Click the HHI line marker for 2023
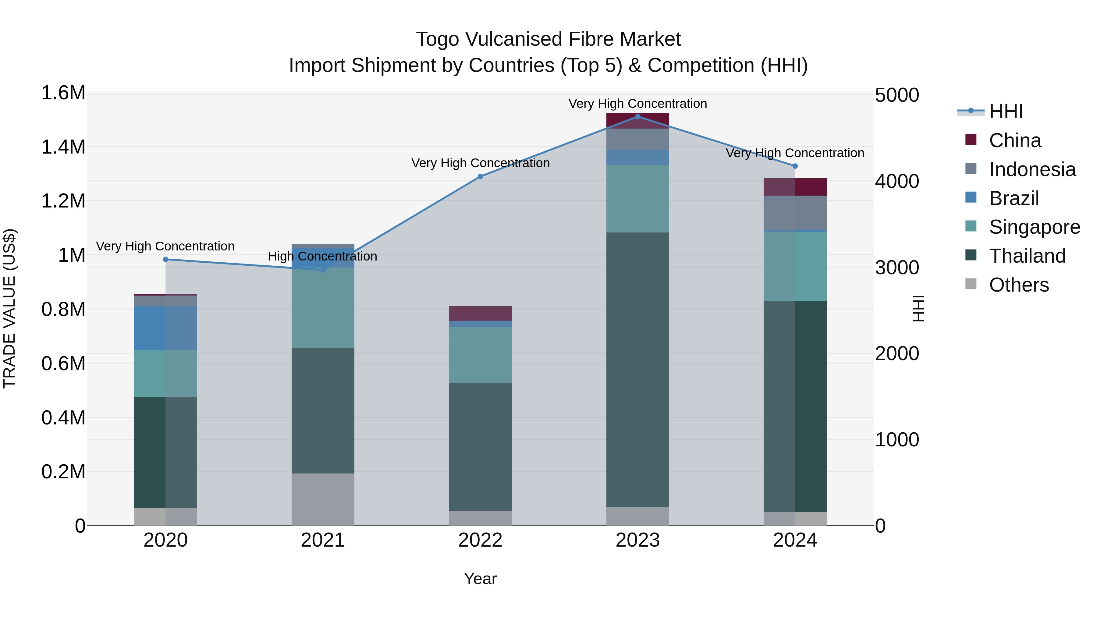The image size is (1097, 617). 637,116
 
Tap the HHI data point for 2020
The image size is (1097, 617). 166,259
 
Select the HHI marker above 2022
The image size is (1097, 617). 480,176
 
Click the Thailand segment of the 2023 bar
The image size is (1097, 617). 637,369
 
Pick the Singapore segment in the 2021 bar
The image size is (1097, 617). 323,307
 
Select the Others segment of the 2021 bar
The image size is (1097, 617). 323,499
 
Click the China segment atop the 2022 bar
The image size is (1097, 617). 480,314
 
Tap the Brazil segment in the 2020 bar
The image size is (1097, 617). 166,328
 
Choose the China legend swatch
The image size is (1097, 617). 971,140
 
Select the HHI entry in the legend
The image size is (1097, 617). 1006,112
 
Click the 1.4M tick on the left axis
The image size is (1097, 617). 63,147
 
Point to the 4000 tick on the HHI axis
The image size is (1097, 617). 896,181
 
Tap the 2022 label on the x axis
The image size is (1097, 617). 480,540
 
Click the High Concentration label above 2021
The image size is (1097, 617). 322,256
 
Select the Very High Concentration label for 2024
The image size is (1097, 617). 795,153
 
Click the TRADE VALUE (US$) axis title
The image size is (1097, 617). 9,308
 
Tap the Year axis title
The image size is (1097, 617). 480,579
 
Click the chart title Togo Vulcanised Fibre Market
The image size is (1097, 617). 548,39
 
